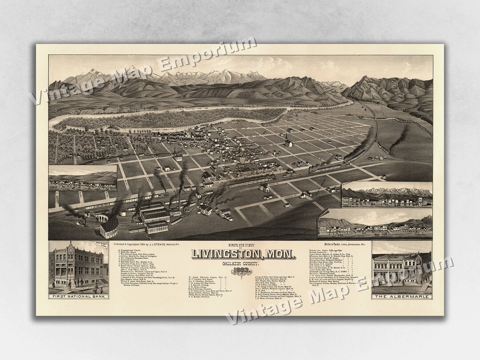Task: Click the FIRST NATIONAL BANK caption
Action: pyautogui.click(x=78, y=296)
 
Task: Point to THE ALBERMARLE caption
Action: pyautogui.click(x=402, y=296)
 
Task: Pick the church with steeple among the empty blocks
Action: pyautogui.click(x=289, y=141)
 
